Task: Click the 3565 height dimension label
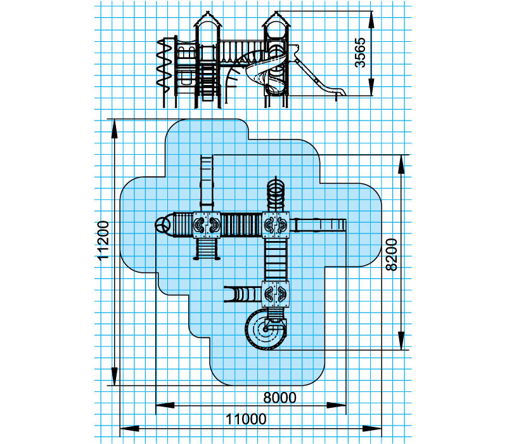click(x=360, y=53)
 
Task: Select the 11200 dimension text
click(x=103, y=240)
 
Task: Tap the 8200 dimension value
click(x=392, y=254)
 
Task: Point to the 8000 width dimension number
click(x=279, y=398)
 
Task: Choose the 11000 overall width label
click(x=246, y=419)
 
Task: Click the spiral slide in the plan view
click(x=266, y=329)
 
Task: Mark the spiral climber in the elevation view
click(x=164, y=67)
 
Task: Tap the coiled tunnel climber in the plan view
click(x=276, y=194)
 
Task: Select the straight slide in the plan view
click(x=318, y=225)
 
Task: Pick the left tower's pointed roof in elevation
click(x=208, y=20)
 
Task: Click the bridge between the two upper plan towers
click(x=241, y=225)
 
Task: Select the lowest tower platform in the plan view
click(x=276, y=294)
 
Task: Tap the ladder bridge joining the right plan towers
click(x=276, y=259)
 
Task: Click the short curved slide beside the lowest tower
click(x=243, y=294)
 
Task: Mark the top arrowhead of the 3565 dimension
click(x=371, y=20)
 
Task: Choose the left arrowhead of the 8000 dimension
click(x=165, y=405)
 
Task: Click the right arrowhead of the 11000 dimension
click(x=372, y=429)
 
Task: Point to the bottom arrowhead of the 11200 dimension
click(x=115, y=376)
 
